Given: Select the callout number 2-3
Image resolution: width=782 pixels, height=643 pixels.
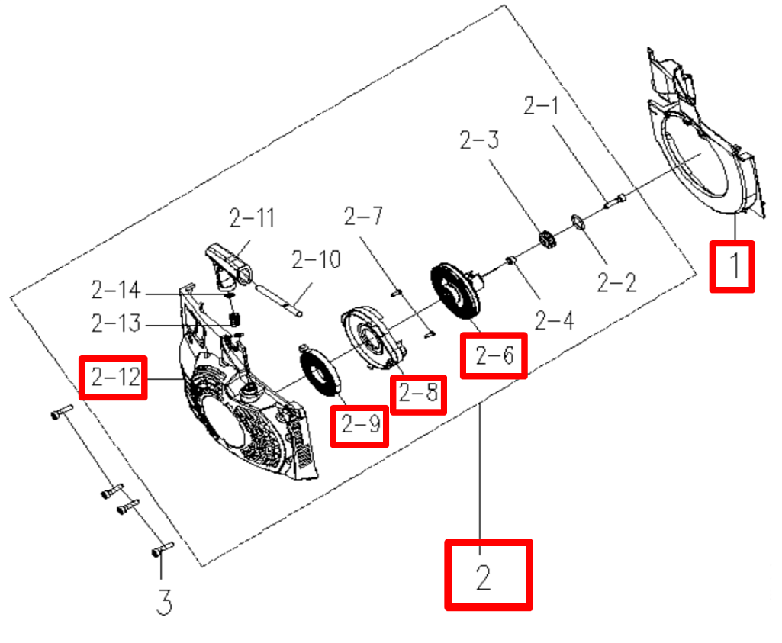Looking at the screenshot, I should tap(478, 140).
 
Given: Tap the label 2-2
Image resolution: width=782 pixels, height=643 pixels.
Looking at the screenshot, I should tap(616, 283).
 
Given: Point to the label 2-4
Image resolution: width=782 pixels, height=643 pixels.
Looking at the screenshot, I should tap(553, 321).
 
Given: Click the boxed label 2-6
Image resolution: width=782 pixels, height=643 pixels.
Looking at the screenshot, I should tap(494, 355).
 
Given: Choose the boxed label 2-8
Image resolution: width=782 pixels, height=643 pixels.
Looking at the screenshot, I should tap(418, 394).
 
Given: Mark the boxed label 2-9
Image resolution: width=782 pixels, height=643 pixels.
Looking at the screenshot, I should tap(359, 426).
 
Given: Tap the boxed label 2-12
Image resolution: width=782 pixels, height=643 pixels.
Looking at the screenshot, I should tap(115, 377).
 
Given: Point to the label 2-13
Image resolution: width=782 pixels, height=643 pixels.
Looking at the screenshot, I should tap(115, 324).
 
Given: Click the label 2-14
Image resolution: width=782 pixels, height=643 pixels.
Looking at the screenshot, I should tap(115, 291).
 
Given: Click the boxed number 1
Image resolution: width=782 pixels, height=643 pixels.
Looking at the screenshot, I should tap(732, 266).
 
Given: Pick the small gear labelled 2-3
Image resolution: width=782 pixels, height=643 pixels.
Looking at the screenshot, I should tap(549, 241).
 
